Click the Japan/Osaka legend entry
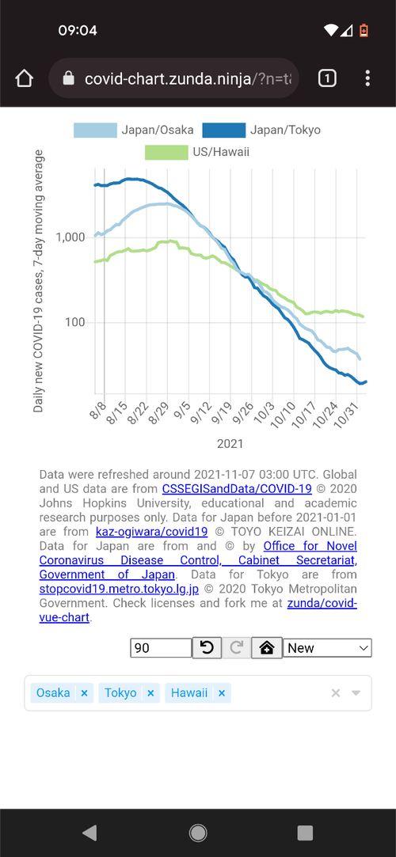click(x=134, y=130)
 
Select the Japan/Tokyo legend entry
click(x=261, y=130)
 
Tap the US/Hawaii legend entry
click(x=197, y=152)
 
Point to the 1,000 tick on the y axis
click(x=70, y=237)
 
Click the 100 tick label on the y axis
click(x=75, y=323)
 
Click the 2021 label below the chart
click(x=230, y=444)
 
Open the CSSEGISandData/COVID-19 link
click(x=237, y=488)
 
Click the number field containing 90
click(x=161, y=648)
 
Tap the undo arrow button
click(x=207, y=648)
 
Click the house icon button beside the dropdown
click(x=266, y=648)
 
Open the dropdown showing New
click(x=328, y=648)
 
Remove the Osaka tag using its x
click(x=84, y=693)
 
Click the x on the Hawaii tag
click(x=222, y=693)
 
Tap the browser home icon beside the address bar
click(x=24, y=78)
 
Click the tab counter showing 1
click(x=327, y=78)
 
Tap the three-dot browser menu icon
click(x=367, y=78)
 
